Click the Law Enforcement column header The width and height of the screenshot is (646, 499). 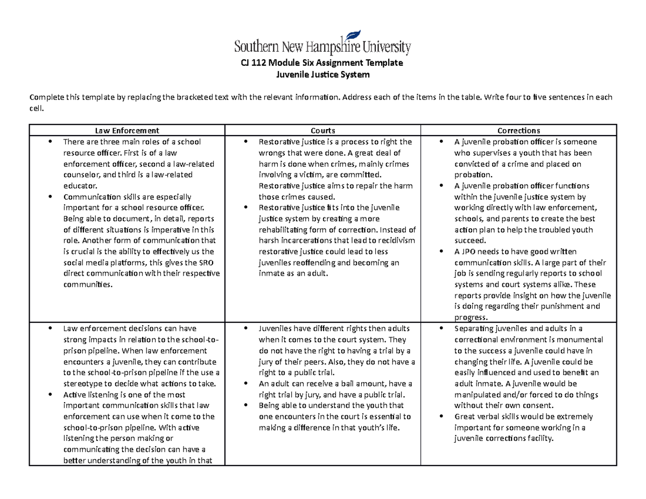[x=127, y=130]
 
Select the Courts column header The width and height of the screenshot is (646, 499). [x=322, y=130]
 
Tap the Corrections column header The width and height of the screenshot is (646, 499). [x=518, y=130]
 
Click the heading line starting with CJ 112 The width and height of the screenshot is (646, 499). [x=322, y=63]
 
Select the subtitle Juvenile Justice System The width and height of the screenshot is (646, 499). [x=322, y=75]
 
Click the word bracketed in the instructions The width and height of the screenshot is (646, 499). [x=187, y=97]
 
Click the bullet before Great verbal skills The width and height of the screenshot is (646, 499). [x=441, y=417]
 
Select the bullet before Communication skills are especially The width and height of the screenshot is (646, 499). [x=50, y=197]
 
